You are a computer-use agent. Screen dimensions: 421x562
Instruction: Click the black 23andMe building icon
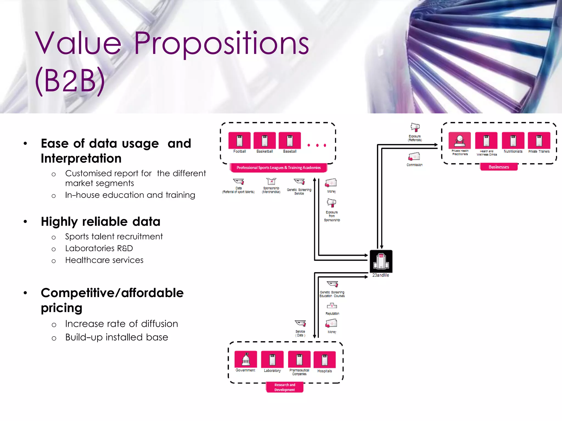(381, 261)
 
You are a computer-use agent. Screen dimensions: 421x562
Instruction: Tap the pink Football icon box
(239, 141)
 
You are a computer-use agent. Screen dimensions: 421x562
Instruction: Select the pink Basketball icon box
(265, 141)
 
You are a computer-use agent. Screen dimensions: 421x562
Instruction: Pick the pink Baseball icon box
(290, 141)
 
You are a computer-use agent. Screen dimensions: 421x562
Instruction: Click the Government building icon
(246, 359)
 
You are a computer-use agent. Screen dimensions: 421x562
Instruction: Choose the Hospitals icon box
(325, 359)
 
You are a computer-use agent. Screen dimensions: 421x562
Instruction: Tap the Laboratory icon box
(272, 359)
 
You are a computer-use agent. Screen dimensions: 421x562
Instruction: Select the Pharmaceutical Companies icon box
(299, 359)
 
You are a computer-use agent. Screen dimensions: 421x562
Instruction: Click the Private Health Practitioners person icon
(460, 140)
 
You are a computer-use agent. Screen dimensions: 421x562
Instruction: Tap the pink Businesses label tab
(499, 167)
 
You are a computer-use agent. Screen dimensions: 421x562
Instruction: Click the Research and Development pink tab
(285, 387)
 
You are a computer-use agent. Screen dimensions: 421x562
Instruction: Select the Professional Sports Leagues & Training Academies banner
(278, 167)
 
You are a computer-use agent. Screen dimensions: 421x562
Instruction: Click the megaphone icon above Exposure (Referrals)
(415, 127)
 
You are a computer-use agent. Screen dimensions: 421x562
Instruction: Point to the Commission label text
(414, 165)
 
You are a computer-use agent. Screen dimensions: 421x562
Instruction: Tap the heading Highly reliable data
(100, 221)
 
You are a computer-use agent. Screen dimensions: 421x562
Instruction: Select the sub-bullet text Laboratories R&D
(99, 248)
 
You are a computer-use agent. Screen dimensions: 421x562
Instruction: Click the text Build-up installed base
(116, 337)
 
